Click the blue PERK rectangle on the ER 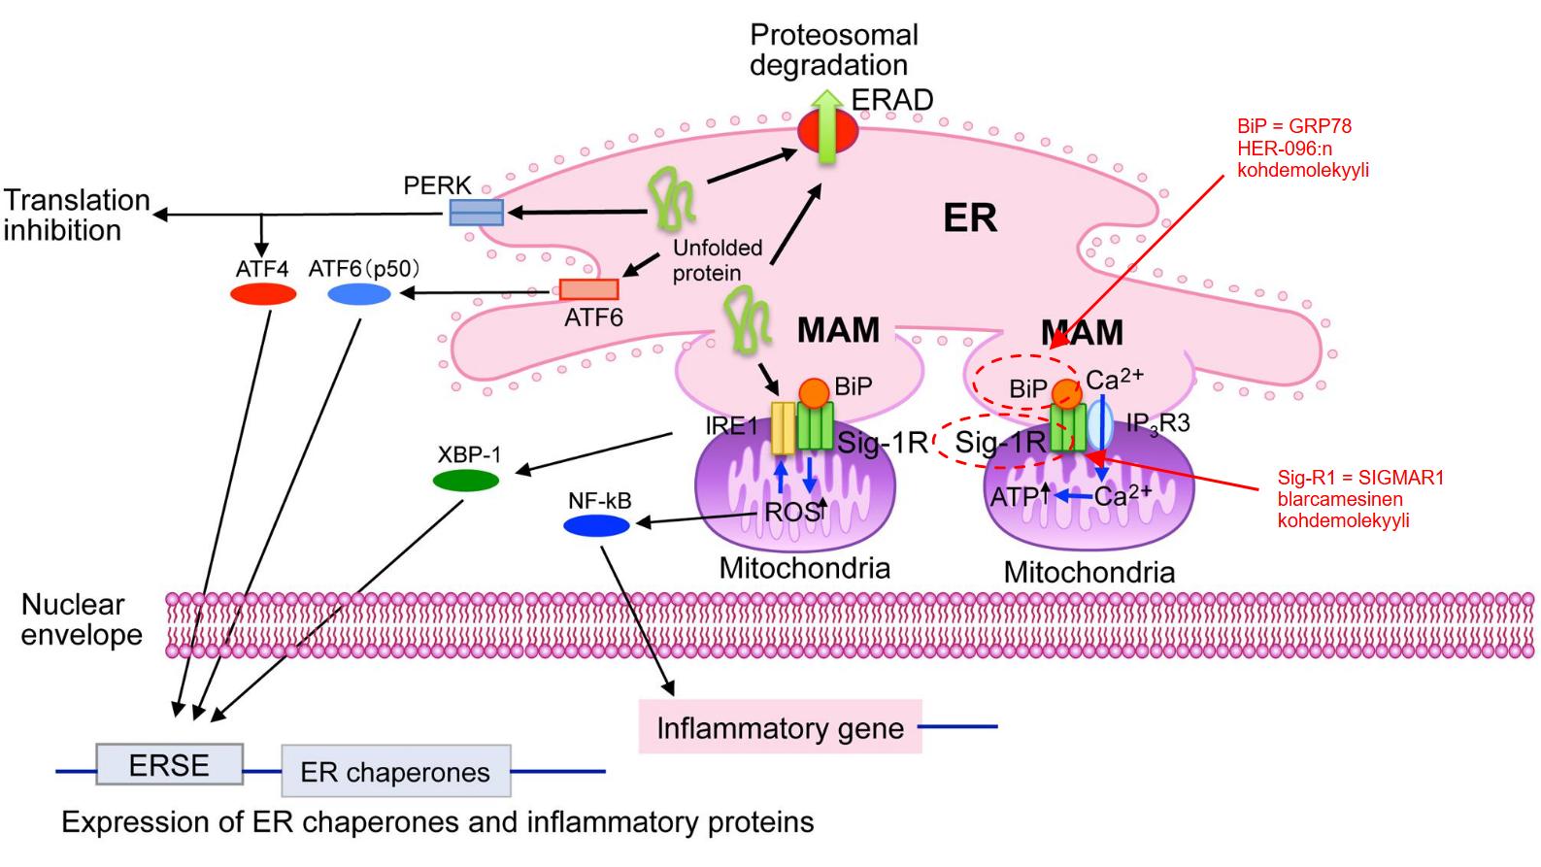point(476,212)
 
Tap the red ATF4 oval point(263,294)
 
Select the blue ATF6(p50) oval point(359,294)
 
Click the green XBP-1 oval point(466,480)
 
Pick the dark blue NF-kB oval point(597,525)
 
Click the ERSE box point(169,765)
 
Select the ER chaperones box point(395,772)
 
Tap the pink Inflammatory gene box point(780,728)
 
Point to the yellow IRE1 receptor point(783,429)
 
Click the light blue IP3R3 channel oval point(1100,423)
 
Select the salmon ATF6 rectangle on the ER point(588,289)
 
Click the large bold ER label point(970,218)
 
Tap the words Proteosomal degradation point(833,50)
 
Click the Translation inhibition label point(76,215)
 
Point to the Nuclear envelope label point(82,619)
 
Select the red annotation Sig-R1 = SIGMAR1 point(1360,478)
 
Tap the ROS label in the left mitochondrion point(791,511)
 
